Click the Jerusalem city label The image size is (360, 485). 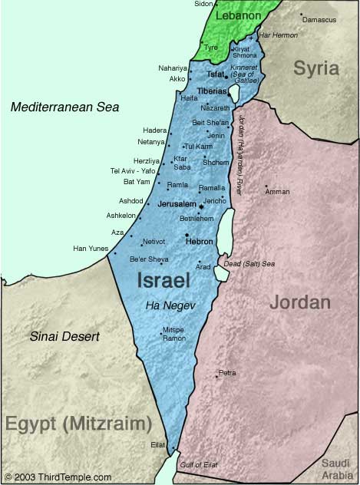click(176, 206)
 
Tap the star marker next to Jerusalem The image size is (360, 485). click(201, 206)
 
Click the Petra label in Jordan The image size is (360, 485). click(227, 372)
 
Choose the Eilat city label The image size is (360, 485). click(157, 444)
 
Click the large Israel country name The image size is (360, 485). click(163, 280)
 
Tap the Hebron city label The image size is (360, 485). click(200, 241)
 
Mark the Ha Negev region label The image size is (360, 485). click(170, 305)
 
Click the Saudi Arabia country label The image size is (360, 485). click(335, 468)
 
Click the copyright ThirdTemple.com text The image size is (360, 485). click(58, 477)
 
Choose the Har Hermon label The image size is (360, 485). click(279, 35)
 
